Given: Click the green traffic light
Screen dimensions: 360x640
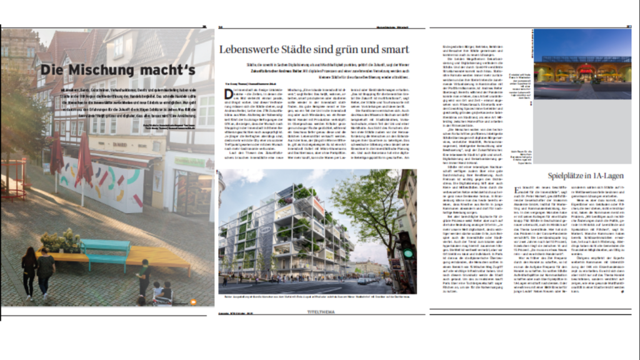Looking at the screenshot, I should tap(408, 254).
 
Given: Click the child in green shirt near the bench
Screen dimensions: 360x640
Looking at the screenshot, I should tap(144, 274).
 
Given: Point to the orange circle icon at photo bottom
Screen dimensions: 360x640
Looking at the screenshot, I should tap(193, 302).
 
